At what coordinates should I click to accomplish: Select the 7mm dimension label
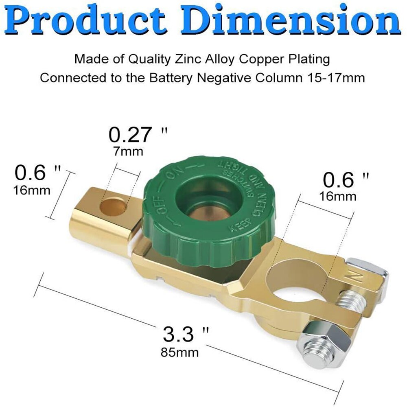click(x=128, y=152)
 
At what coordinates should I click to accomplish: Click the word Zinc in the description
click(x=185, y=59)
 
